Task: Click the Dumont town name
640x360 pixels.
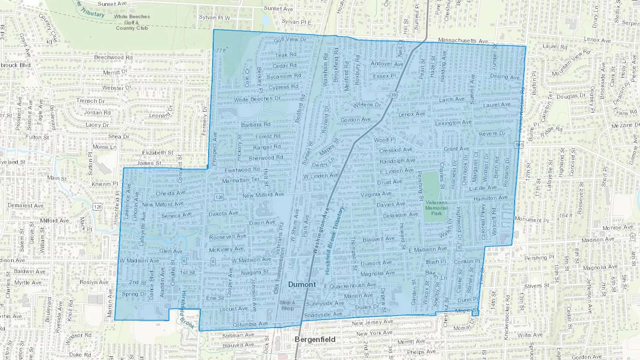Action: tap(302, 284)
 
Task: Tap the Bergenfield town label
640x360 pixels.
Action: tap(315, 339)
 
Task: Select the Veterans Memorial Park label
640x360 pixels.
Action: tap(436, 208)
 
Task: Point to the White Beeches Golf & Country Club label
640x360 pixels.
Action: tap(132, 22)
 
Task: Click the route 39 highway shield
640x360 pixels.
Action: tap(393, 95)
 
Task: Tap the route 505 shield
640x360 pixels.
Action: tap(519, 145)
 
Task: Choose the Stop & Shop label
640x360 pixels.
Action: tap(287, 305)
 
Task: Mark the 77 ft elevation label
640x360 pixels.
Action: tap(221, 50)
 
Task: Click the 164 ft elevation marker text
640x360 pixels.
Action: tap(566, 216)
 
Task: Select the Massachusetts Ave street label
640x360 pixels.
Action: tap(463, 41)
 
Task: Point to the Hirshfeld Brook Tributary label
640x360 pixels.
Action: tap(334, 240)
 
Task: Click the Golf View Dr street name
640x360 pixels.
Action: tap(290, 40)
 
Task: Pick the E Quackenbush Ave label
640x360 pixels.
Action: tap(350, 285)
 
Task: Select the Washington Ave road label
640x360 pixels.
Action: tap(320, 230)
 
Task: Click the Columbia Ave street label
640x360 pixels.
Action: tap(250, 324)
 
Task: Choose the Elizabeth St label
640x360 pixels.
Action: tap(158, 152)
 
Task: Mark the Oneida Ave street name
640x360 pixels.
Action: tap(171, 193)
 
